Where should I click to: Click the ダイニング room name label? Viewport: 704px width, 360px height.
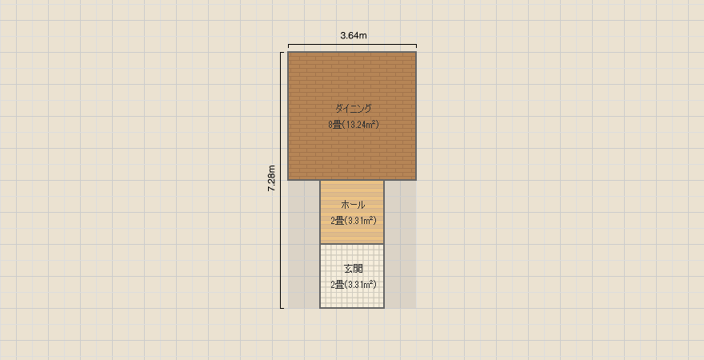pos(354,108)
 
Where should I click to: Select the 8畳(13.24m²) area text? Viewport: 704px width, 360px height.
pos(354,125)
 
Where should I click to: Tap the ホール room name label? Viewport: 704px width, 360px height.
pos(353,205)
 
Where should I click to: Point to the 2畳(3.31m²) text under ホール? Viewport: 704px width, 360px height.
pos(353,221)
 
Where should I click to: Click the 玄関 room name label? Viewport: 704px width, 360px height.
pos(353,269)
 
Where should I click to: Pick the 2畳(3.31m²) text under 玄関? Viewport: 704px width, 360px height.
pos(353,285)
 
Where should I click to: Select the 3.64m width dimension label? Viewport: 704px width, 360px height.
pos(354,36)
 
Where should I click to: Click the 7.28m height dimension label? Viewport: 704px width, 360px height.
pos(272,179)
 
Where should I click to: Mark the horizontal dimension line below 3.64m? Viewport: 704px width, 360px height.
pos(353,45)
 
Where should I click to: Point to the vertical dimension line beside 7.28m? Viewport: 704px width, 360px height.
pos(281,181)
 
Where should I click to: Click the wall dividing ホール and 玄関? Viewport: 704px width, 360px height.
pos(352,244)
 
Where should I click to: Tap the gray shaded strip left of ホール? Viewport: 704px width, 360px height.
pos(304,244)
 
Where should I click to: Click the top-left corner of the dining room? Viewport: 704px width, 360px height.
pos(288,52)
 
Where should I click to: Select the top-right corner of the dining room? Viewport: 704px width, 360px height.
pos(416,52)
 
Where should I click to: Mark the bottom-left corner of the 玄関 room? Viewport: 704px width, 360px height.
pos(320,308)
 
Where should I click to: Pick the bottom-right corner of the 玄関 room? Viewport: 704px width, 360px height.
pos(384,308)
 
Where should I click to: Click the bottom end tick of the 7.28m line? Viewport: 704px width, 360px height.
pos(282,308)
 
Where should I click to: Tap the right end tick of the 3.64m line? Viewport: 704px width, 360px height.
pos(416,46)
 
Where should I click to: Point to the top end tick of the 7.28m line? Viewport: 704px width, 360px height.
pos(282,53)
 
